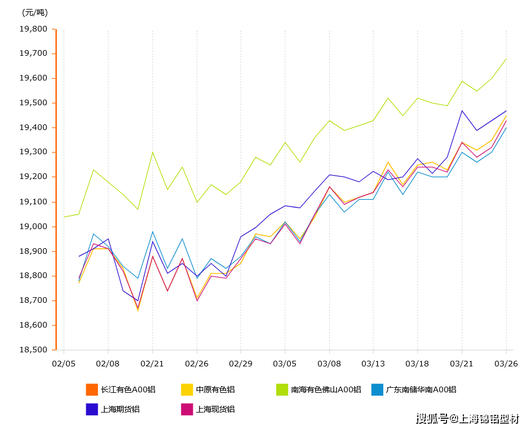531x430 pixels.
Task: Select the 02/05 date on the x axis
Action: pyautogui.click(x=63, y=364)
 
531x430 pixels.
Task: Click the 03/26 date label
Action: pyautogui.click(x=506, y=364)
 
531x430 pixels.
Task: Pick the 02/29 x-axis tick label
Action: pyautogui.click(x=240, y=364)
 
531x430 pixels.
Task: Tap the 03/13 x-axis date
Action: pyautogui.click(x=373, y=364)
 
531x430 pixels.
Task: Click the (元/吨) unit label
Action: pyautogui.click(x=34, y=12)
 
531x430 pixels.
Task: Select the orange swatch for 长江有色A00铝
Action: pyautogui.click(x=92, y=389)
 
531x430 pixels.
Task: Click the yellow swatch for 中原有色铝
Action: pyautogui.click(x=187, y=389)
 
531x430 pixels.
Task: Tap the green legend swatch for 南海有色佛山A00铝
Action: pyautogui.click(x=282, y=389)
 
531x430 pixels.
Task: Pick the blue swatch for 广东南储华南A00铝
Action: pyautogui.click(x=377, y=389)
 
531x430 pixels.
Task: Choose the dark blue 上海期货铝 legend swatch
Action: pyautogui.click(x=92, y=409)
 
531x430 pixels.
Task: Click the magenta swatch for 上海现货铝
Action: pyautogui.click(x=187, y=409)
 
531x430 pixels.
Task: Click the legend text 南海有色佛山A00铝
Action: pyautogui.click(x=326, y=389)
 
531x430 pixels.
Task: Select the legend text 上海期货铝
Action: pyautogui.click(x=120, y=409)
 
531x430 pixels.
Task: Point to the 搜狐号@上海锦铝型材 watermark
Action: pyautogui.click(x=468, y=419)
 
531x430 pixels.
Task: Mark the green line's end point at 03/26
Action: pyautogui.click(x=506, y=59)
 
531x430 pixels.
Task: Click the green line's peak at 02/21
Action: pyautogui.click(x=152, y=152)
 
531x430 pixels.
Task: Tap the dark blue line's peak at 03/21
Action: pyautogui.click(x=462, y=110)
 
